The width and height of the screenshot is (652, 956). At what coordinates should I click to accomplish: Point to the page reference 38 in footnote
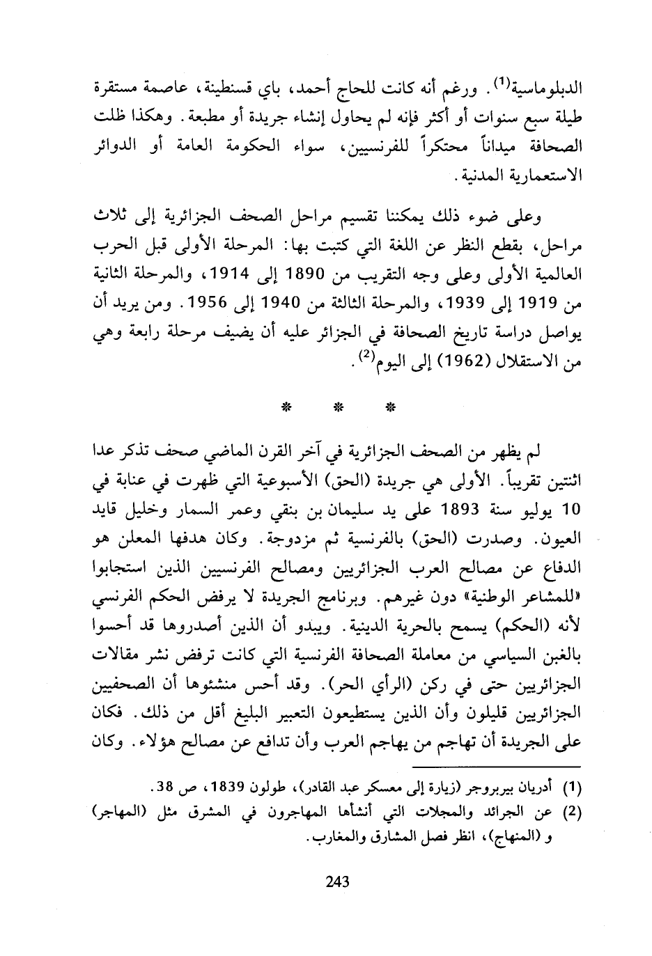pyautogui.click(x=164, y=789)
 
